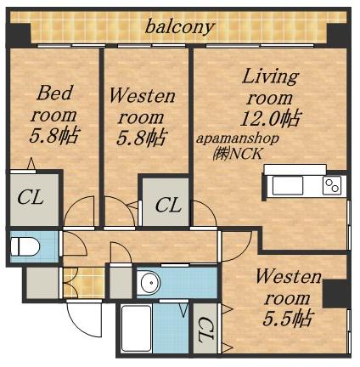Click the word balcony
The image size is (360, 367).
tap(179, 27)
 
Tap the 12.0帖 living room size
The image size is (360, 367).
tap(270, 119)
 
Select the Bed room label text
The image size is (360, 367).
tap(54, 104)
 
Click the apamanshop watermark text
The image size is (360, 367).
tap(238, 139)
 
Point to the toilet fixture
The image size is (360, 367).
tap(25, 246)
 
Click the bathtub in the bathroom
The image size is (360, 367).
tap(137, 328)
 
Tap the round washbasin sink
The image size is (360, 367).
tap(151, 283)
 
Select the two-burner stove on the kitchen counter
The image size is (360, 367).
tap(332, 186)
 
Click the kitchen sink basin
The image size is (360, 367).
tap(288, 186)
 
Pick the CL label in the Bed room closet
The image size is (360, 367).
tap(31, 197)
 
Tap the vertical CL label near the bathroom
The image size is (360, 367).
tap(206, 329)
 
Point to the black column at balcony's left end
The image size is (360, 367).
tap(20, 33)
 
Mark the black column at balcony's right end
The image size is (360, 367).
tap(337, 34)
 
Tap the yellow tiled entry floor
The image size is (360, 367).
tap(83, 282)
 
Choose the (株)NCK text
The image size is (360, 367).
tap(238, 155)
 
